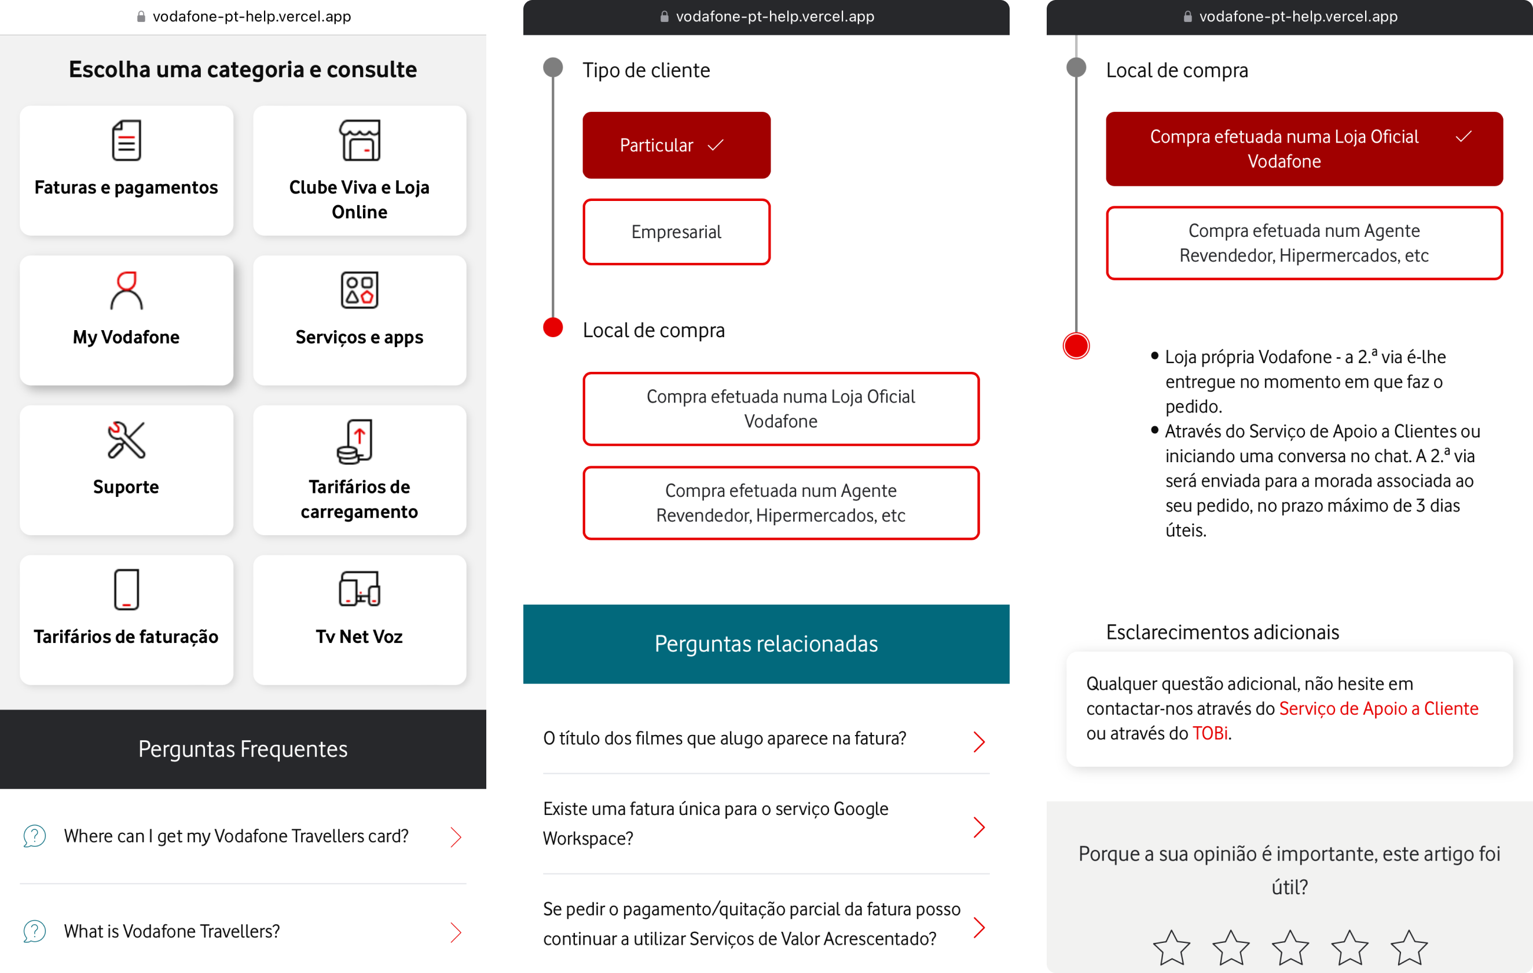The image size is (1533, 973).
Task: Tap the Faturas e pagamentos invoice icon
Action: pos(126,140)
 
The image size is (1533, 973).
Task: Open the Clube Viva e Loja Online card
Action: pos(360,171)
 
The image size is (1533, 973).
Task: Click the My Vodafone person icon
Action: pos(126,290)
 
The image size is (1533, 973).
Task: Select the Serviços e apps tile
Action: pos(360,320)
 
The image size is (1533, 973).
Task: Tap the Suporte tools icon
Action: pos(126,440)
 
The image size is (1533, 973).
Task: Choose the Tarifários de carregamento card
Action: pos(360,470)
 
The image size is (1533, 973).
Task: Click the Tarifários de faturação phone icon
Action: pos(126,590)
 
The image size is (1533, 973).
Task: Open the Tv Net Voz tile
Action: pos(360,620)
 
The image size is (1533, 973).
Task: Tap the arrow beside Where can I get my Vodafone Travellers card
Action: pos(456,837)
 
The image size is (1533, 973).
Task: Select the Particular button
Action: pos(677,145)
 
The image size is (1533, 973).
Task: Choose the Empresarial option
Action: pos(677,232)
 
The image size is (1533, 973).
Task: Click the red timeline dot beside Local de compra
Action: pos(553,327)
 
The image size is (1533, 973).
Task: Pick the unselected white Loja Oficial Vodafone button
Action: pos(781,409)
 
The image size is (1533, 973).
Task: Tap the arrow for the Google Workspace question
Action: pos(979,827)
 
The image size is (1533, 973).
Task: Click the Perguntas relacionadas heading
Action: pos(766,644)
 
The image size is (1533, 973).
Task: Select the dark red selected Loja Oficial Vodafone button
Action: pos(1304,149)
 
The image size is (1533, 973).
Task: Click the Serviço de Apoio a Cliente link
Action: pos(1379,709)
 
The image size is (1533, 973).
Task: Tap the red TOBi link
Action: pos(1210,734)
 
